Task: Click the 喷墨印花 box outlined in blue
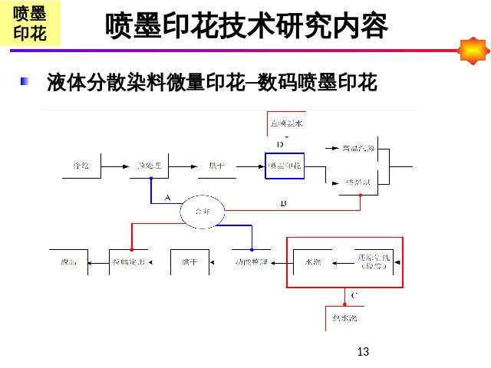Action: pos(285,166)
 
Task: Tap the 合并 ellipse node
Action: pos(203,210)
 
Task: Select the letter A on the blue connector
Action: pos(167,197)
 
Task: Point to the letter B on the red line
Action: pos(283,203)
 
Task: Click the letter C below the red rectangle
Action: pos(354,294)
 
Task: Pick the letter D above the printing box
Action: pos(280,144)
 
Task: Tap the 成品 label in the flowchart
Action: pos(68,262)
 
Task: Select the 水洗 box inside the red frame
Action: pos(313,262)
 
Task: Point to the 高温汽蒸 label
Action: pos(358,148)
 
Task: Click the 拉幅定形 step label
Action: pos(128,262)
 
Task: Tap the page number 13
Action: pos(363,352)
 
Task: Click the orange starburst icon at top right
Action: pos(473,51)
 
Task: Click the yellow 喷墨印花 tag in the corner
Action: pos(30,25)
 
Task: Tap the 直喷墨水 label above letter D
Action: pos(286,123)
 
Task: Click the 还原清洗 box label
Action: pos(374,261)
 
